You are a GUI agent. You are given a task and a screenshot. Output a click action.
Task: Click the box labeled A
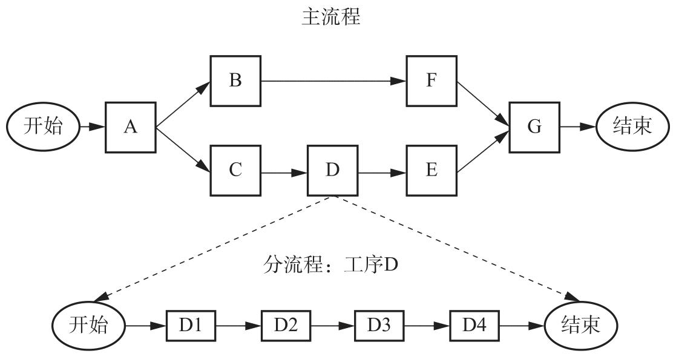point(131,127)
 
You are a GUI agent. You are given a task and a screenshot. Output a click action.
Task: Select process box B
point(235,80)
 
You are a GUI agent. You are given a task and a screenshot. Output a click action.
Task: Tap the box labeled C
point(235,170)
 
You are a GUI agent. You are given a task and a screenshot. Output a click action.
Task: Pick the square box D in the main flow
point(332,170)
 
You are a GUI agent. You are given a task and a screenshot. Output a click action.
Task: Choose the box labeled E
point(431,170)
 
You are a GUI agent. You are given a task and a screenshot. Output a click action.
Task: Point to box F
point(431,80)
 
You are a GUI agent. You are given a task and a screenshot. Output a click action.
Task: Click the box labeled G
point(534,127)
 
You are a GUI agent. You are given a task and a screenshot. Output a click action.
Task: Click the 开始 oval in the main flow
point(43,127)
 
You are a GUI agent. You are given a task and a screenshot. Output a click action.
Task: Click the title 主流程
point(331,18)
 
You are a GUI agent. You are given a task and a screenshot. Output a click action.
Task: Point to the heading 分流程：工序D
point(331,265)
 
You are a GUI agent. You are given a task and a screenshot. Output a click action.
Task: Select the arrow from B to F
point(333,80)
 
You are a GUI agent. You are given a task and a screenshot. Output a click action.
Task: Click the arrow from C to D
point(284,172)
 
